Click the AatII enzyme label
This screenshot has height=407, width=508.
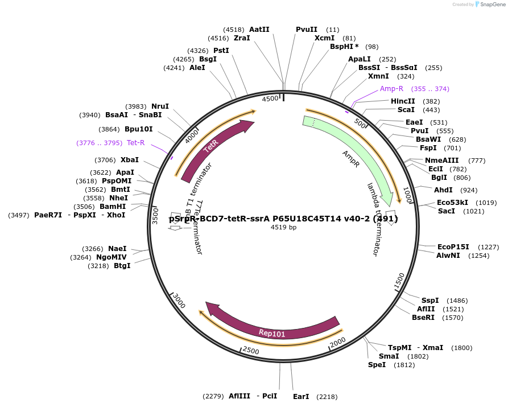coord(259,29)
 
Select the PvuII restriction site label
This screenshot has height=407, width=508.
coord(307,29)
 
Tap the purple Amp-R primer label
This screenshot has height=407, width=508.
coord(391,88)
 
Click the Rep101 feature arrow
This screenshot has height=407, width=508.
coord(272,332)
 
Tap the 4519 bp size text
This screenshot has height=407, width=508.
coord(283,227)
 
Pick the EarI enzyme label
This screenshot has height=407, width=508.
coord(301,396)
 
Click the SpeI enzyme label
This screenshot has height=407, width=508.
coord(377,364)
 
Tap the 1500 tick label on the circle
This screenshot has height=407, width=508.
coord(399,280)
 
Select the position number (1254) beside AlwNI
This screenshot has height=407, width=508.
coord(478,256)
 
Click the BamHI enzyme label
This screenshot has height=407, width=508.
coord(113,206)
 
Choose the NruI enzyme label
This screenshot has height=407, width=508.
coord(160,106)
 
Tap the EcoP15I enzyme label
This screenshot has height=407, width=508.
coord(453,246)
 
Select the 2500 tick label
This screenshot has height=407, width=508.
coord(251,350)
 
